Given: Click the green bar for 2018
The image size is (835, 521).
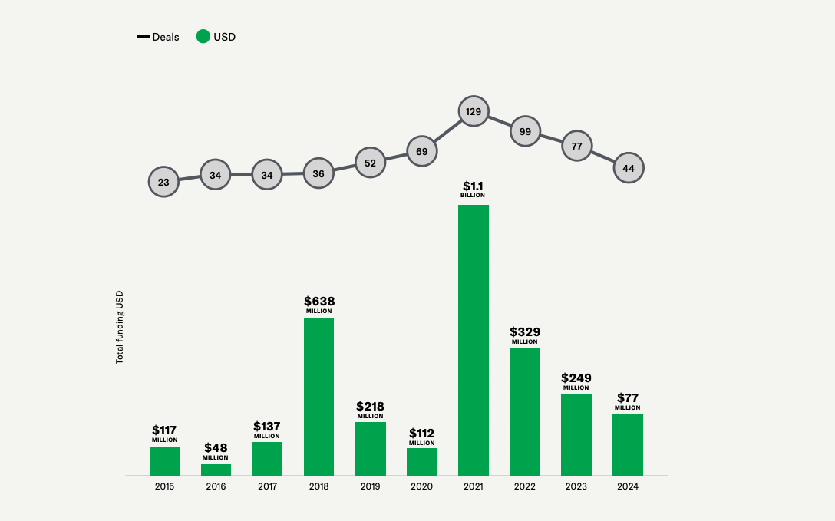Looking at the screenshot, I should tap(318, 396).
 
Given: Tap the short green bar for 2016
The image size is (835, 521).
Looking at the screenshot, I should tap(216, 470).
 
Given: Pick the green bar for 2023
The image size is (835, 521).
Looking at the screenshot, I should tap(576, 434).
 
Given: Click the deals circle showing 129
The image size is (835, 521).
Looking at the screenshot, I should tap(474, 112).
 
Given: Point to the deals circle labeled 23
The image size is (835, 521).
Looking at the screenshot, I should tap(163, 182).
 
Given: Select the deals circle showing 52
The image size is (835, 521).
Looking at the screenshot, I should tap(370, 163).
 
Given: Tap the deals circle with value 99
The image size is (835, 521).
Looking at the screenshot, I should tap(525, 131).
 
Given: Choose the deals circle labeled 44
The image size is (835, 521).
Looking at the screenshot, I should tap(629, 167).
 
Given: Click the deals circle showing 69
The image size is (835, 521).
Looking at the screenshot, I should tap(421, 151).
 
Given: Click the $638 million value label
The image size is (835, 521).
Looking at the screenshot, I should tap(319, 304).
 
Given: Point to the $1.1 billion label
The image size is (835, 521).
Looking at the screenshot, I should tap(474, 189).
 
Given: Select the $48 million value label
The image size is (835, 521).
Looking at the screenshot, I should tap(216, 450).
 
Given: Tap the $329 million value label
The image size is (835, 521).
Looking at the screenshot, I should tap(525, 335).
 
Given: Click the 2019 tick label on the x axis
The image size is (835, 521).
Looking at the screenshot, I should tap(370, 486).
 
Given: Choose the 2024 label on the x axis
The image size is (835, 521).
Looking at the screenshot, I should tap(628, 486).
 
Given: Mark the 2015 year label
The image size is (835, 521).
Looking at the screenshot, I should tap(164, 486).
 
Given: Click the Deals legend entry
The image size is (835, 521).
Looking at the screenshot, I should tap(159, 37).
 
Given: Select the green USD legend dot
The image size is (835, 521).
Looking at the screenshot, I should tap(203, 36).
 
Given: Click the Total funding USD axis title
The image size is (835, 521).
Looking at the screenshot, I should tap(120, 328).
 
